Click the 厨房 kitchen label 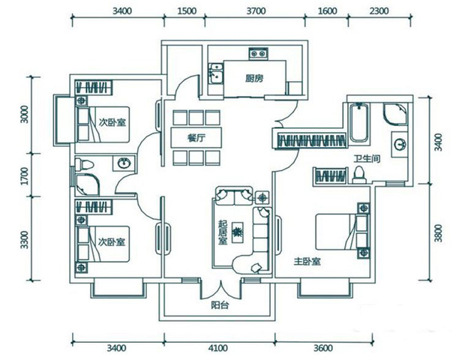[254, 78]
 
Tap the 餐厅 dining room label [196, 138]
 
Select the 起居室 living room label [223, 232]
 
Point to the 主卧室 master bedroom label [307, 262]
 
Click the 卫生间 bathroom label [367, 159]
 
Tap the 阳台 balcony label [220, 305]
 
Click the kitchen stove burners [258, 53]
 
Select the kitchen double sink [216, 73]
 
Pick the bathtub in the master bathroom [359, 123]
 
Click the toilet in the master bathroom [359, 175]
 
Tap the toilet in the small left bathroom [84, 164]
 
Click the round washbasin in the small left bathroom [124, 163]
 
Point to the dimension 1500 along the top [187, 11]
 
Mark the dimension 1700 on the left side [25, 175]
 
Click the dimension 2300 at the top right [379, 11]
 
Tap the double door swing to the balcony [220, 291]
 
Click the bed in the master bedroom [343, 232]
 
